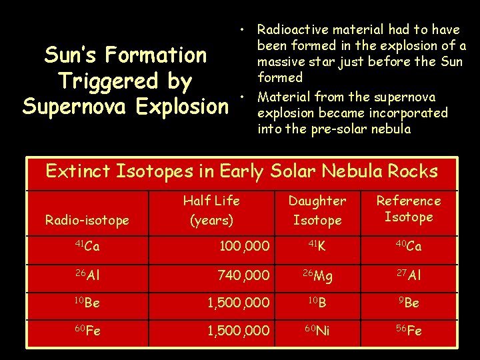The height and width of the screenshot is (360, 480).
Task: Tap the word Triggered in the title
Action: [x=106, y=81]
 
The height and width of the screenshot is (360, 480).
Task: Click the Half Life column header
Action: [x=211, y=209]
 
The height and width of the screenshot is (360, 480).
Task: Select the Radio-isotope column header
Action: [x=87, y=220]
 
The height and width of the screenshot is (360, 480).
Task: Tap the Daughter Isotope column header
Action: [x=317, y=210]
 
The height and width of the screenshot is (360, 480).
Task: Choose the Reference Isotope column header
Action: [x=409, y=209]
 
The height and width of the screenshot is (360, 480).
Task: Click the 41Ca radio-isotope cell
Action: [x=87, y=247]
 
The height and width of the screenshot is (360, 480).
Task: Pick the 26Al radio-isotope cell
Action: [x=87, y=275]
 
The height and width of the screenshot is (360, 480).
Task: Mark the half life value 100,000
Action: [x=245, y=247]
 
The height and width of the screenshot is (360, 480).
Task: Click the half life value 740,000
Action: [x=243, y=275]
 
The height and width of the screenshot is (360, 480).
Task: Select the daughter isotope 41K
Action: [x=317, y=247]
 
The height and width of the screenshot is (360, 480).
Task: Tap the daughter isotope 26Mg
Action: [x=317, y=275]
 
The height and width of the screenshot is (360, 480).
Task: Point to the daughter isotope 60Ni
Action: [x=317, y=331]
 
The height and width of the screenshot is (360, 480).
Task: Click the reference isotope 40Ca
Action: [x=409, y=247]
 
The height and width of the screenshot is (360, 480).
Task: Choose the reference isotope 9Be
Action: [x=409, y=303]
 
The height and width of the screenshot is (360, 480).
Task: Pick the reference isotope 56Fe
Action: [x=409, y=331]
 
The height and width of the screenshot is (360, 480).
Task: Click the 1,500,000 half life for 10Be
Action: [x=238, y=303]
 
